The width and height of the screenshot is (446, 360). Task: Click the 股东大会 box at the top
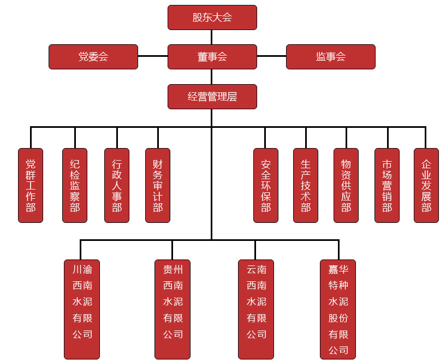[212, 17]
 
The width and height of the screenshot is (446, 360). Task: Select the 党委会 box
[93, 57]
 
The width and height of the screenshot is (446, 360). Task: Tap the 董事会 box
[212, 57]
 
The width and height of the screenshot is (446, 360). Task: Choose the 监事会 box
[330, 57]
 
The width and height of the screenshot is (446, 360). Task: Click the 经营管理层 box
[212, 97]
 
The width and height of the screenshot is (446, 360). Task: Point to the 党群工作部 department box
[31, 185]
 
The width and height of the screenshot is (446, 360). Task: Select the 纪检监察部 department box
[75, 185]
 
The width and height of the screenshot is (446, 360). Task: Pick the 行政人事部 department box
[117, 185]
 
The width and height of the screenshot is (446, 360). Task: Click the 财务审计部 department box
[158, 185]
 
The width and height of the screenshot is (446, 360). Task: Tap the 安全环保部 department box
[266, 185]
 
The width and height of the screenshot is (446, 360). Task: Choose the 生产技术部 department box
[306, 185]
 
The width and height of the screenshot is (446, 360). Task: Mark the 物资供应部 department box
[346, 185]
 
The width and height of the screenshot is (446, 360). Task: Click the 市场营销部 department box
[387, 185]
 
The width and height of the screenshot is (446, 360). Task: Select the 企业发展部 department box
[426, 185]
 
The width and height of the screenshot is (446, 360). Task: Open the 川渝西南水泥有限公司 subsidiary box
[82, 309]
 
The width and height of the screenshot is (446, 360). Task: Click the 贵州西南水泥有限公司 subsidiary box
[173, 309]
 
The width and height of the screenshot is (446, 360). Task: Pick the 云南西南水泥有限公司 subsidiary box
[256, 309]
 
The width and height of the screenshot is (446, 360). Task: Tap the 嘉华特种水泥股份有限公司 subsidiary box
[338, 309]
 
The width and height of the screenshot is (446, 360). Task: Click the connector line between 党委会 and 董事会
[153, 56]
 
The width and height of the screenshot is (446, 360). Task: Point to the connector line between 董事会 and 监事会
[271, 56]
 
